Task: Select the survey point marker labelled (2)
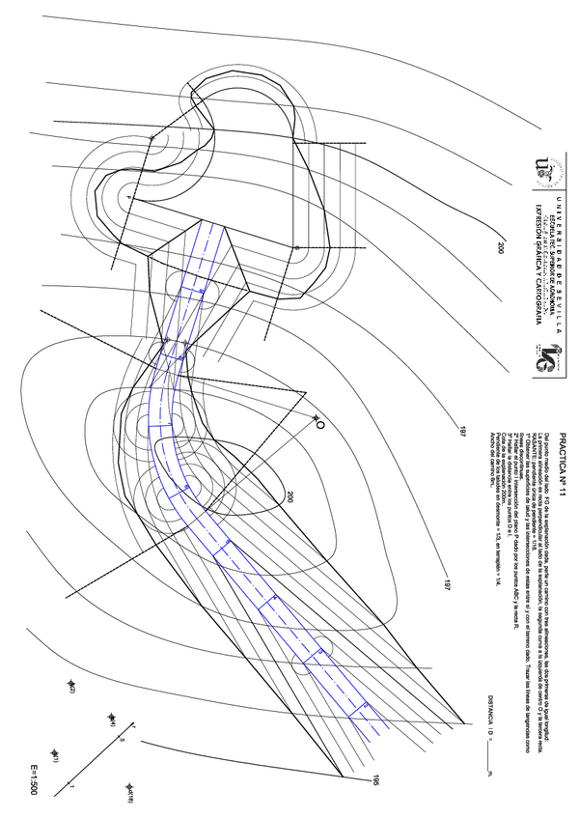point(70,685)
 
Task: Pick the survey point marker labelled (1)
point(55,754)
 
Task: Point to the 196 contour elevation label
point(367,780)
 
